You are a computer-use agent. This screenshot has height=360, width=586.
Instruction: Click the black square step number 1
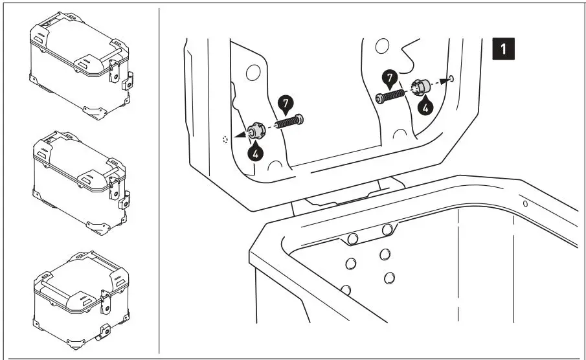[x=503, y=49]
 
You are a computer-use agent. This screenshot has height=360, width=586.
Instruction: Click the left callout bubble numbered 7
[x=286, y=104]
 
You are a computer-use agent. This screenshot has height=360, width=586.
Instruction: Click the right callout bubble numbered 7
[x=390, y=78]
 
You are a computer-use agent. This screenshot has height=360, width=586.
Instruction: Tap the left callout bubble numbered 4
[x=256, y=153]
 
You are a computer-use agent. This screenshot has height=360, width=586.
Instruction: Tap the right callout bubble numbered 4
[x=425, y=107]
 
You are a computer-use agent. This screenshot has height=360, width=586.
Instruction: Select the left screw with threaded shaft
[x=289, y=121]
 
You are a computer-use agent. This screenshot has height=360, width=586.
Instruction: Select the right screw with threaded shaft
[x=390, y=96]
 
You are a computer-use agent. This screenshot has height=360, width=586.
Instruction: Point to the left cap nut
[x=256, y=131]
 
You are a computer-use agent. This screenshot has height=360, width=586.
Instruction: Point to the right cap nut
[x=420, y=87]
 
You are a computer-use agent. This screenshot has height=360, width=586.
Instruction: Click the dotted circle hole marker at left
[x=225, y=139]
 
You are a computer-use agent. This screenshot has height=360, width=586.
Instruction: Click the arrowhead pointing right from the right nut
[x=444, y=80]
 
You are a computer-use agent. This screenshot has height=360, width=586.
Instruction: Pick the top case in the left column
[x=81, y=65]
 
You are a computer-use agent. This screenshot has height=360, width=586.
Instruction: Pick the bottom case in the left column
[x=82, y=300]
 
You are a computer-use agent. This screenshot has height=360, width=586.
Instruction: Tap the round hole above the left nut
[x=253, y=73]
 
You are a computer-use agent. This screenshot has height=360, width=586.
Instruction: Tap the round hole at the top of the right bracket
[x=382, y=46]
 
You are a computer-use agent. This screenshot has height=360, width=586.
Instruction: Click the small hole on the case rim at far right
[x=525, y=204]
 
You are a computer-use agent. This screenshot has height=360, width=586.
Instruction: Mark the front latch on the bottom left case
[x=106, y=302]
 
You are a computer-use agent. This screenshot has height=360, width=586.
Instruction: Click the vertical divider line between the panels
[x=159, y=181]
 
